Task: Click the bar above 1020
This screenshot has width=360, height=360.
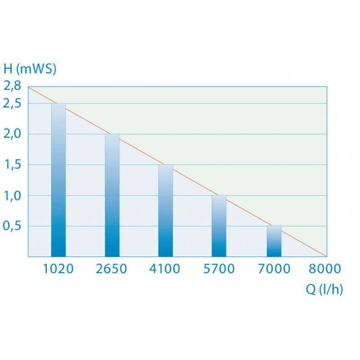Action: (x=58, y=180)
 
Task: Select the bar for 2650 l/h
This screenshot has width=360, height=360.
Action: (x=112, y=195)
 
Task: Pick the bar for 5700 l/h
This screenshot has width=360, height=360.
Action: (x=219, y=226)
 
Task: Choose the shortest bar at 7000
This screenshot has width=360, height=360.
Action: (x=274, y=241)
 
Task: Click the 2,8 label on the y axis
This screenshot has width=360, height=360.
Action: (x=12, y=86)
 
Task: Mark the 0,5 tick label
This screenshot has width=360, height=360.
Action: (x=12, y=225)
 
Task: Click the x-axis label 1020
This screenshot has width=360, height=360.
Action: (x=58, y=269)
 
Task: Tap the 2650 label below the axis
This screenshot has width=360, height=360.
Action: (x=112, y=269)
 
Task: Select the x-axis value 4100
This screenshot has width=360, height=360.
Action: (x=165, y=269)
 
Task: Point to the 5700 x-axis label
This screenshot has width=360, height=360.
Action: (x=219, y=269)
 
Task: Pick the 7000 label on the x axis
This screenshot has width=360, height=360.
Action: (x=274, y=269)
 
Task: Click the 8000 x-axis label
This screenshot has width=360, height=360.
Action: (x=325, y=269)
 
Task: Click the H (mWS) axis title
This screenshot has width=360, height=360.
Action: (x=30, y=69)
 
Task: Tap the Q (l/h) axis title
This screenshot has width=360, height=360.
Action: (x=324, y=290)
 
